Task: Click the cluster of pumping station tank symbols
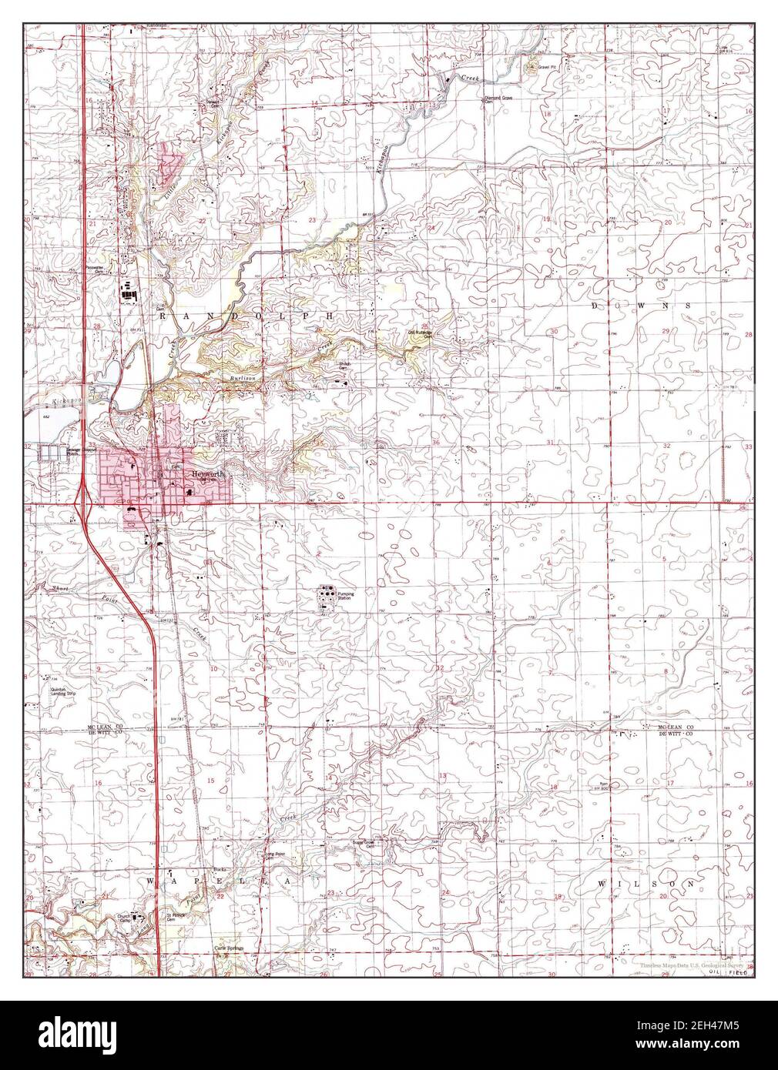(328, 594)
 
